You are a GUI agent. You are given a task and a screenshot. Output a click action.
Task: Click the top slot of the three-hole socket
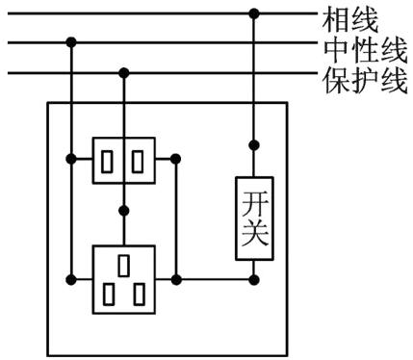[x=124, y=262]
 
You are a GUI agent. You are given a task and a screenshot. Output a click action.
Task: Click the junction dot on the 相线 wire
[x=254, y=13]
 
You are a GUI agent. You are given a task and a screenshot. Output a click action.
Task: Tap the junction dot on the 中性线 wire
[x=71, y=43]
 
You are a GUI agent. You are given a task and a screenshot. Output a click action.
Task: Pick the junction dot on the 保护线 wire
[x=123, y=73]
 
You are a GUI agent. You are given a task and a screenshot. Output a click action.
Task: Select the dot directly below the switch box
[x=254, y=280]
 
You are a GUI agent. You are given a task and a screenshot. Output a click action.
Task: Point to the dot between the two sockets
[x=123, y=212]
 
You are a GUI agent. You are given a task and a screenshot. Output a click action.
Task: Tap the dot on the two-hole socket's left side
[x=71, y=159]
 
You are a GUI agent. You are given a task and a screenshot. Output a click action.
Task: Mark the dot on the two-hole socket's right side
[x=175, y=159]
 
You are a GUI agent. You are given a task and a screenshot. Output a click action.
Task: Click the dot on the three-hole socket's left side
[x=71, y=280]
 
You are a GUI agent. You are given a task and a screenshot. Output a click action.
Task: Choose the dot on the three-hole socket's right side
[x=175, y=280]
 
